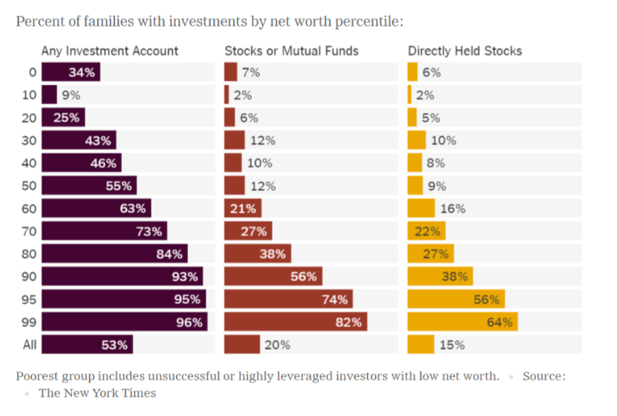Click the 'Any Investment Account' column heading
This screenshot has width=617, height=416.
pos(110,51)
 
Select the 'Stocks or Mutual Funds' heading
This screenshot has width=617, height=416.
pos(292,51)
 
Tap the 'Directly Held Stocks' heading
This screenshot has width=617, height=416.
pos(465,51)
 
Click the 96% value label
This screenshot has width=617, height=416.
pos(189,322)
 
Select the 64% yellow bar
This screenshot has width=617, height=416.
pos(462,322)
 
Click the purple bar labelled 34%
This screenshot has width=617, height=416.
pos(71,73)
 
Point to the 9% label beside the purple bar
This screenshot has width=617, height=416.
pos(71,95)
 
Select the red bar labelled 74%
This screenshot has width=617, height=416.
pos(288,299)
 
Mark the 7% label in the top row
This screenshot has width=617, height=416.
pos(251,73)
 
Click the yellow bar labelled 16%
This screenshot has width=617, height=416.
pos(421,209)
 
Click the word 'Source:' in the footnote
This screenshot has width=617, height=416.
pos(544,376)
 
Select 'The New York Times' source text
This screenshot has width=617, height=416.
pos(97,393)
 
